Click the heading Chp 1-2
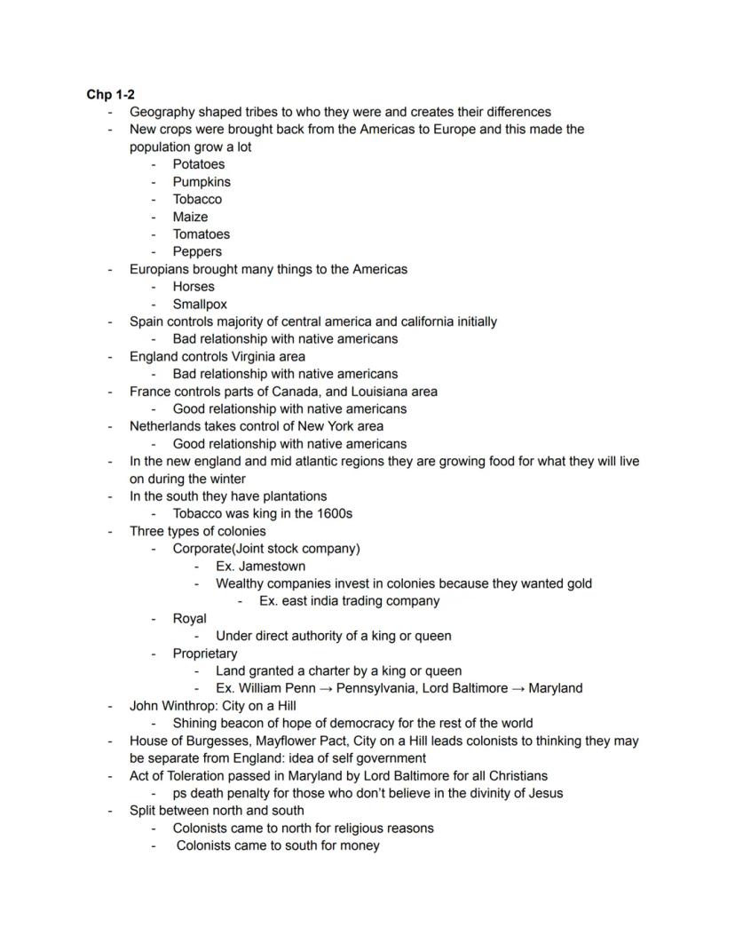(x=110, y=94)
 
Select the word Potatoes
(x=199, y=164)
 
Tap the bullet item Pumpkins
(x=202, y=182)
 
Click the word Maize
(x=190, y=217)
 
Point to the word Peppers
(x=197, y=251)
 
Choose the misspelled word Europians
(x=162, y=269)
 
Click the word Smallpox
(x=200, y=304)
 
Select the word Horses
(x=194, y=287)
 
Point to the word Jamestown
(x=273, y=566)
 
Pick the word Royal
(x=189, y=618)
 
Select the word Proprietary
(x=205, y=654)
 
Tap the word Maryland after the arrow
(x=556, y=688)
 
